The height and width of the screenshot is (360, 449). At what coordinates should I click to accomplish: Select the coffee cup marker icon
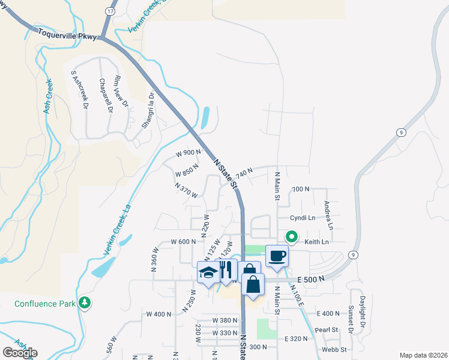pos(277,256)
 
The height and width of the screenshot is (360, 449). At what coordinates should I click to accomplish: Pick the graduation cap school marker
pos(208,273)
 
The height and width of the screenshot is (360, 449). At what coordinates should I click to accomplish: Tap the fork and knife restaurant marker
pos(225,270)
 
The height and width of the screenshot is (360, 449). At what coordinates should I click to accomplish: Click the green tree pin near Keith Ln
pos(292,237)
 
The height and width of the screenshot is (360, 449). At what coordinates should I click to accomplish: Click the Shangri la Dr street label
pos(148,109)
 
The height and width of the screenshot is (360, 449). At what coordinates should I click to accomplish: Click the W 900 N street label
pos(188,153)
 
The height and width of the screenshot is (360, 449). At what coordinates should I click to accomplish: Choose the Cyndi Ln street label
pos(303,218)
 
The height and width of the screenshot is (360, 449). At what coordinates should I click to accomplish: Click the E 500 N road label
pos(312,279)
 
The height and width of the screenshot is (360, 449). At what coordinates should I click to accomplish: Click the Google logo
pos(20,353)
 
